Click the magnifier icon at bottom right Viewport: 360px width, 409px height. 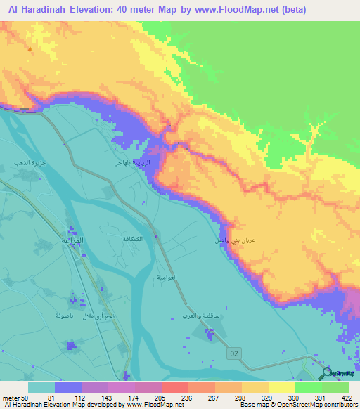point(327,374)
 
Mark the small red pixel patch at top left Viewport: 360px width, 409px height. point(30,50)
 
